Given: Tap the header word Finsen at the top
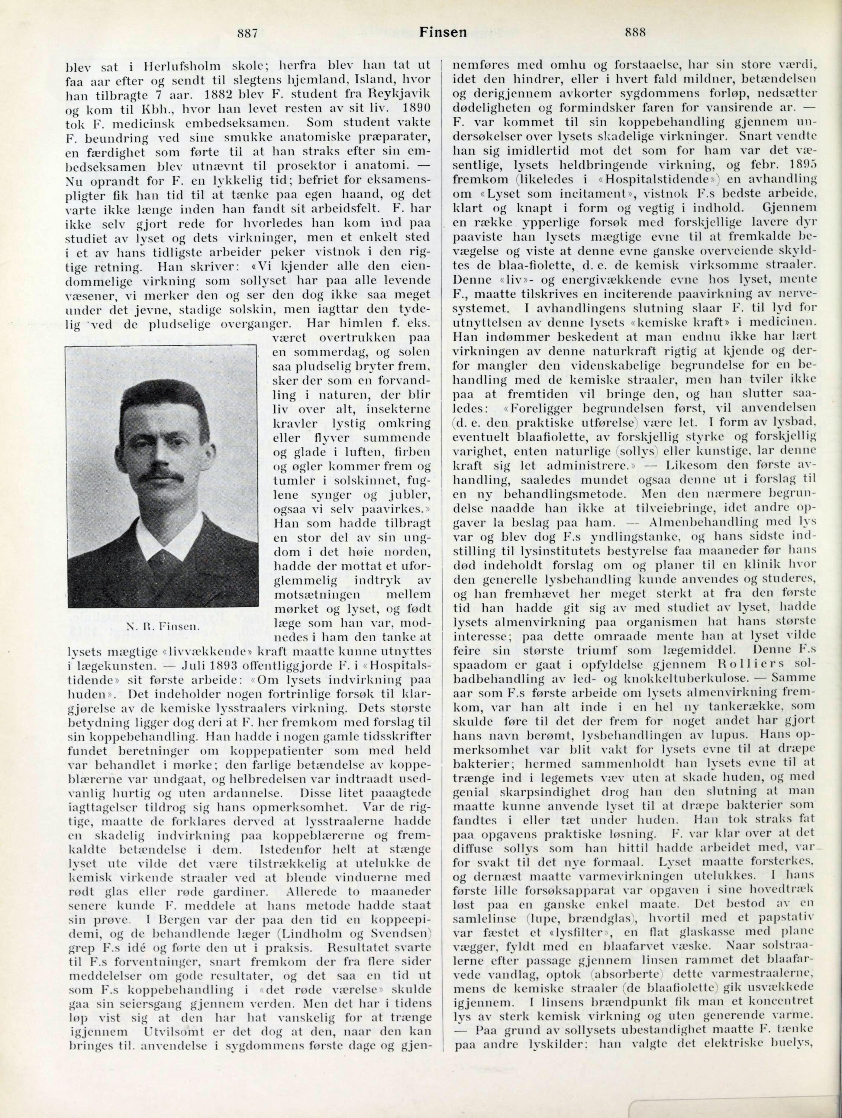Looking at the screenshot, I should (443, 33).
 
